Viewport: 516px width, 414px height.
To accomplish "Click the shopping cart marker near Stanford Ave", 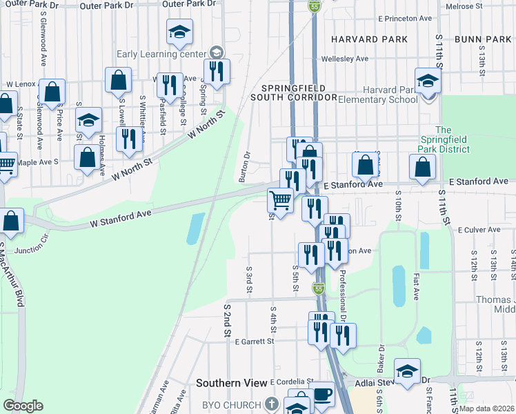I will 280,200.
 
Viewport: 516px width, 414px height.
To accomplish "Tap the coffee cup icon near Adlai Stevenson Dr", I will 321,396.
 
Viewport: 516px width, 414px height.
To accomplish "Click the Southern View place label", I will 230,383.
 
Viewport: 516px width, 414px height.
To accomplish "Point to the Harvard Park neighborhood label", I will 368,39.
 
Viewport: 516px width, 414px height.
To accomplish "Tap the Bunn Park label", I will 483,39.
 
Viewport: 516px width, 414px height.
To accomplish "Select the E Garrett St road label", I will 255,341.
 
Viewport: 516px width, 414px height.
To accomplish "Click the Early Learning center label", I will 161,53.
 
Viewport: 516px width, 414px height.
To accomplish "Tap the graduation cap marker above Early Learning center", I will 179,31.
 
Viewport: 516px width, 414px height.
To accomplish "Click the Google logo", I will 23,406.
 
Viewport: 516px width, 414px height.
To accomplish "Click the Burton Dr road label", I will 244,166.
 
